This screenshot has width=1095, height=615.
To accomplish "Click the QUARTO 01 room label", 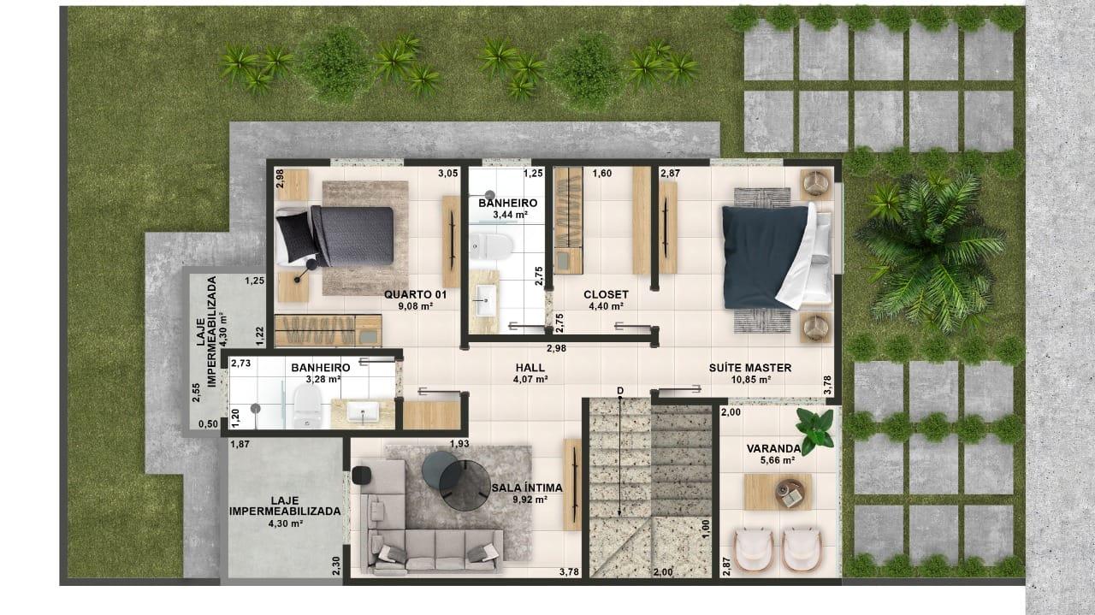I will point(408,294).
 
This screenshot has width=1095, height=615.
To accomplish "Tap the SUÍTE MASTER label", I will point(749,368).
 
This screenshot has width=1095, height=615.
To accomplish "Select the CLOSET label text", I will point(606,294).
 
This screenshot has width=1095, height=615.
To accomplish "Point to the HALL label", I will point(530,366).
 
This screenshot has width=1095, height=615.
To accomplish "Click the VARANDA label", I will point(772,448).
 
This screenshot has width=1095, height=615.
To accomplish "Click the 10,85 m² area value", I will point(749,380).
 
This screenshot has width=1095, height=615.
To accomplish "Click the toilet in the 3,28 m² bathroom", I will point(305,405).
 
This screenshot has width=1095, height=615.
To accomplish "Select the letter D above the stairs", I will point(620,391).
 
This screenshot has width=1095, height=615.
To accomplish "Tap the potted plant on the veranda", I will point(814,425).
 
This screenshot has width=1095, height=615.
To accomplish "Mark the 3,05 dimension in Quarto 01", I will point(447,174).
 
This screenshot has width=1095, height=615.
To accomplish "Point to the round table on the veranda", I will point(790,491).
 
